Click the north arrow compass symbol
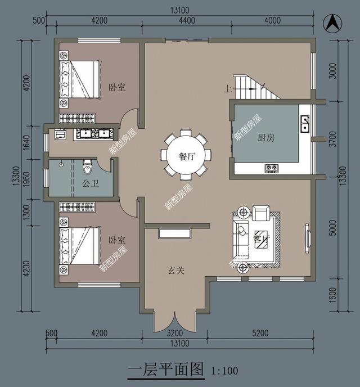333,23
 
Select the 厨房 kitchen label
266,138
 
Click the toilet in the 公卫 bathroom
87,167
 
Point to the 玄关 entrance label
175,271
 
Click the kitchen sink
304,123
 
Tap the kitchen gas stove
272,168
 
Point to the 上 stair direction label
227,89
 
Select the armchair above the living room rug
261,213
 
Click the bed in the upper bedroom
78,80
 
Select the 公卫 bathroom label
90,183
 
